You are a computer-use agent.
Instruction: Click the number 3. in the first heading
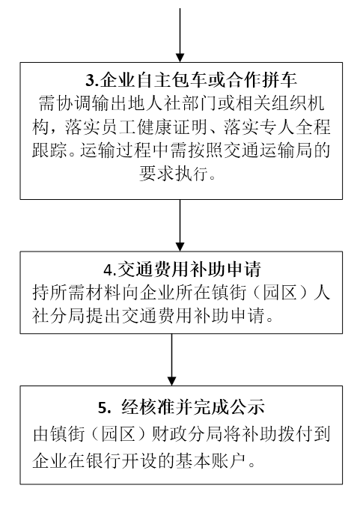[92, 80]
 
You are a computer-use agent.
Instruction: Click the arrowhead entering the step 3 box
[180, 58]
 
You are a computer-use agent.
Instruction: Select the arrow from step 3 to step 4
[180, 225]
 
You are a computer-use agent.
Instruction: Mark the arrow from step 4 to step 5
[171, 359]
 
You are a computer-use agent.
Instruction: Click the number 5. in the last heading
[105, 408]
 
